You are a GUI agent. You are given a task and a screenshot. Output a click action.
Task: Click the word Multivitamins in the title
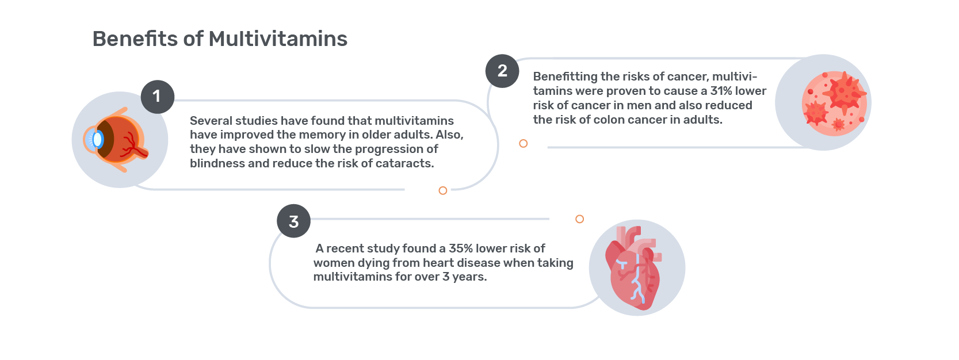tap(278, 39)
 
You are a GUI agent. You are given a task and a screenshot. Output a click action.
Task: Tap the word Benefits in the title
tap(135, 39)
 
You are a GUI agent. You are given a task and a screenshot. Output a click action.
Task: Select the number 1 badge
tap(158, 97)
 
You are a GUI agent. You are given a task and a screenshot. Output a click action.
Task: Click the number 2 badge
tap(502, 71)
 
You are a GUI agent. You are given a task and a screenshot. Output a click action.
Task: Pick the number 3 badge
tap(294, 221)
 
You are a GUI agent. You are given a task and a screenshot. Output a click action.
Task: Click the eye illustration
tap(116, 140)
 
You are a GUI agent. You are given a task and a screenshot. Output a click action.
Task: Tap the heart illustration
tap(633, 268)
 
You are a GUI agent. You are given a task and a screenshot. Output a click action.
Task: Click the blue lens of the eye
tap(97, 140)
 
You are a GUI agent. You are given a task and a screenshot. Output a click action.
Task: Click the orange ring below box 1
tap(443, 190)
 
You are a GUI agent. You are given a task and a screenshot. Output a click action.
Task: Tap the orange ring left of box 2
tap(523, 143)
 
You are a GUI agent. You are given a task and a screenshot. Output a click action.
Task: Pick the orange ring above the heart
tap(580, 219)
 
